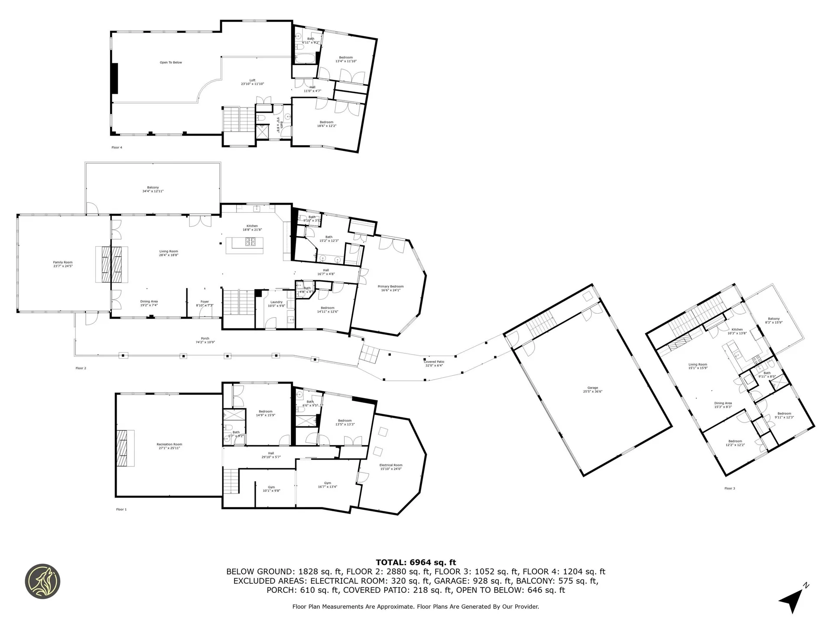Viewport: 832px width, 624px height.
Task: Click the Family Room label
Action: point(62,262)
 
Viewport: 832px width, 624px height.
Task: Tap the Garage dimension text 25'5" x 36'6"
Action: point(592,391)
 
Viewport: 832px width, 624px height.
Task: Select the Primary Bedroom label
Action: point(390,286)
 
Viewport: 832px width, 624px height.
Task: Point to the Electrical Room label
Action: point(391,465)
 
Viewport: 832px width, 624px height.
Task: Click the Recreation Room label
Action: point(169,444)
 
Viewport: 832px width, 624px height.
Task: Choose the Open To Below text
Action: point(171,62)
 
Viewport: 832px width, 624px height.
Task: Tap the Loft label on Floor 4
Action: point(252,80)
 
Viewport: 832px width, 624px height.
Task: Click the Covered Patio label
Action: point(434,361)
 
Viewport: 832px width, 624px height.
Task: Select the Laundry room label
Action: point(276,302)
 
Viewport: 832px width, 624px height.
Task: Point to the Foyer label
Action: point(205,302)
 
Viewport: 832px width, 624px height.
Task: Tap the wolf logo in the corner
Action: point(42,582)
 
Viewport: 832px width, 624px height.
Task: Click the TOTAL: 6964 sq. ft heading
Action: point(416,562)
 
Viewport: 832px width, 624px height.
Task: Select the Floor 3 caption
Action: point(729,488)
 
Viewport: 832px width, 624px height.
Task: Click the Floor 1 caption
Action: point(121,510)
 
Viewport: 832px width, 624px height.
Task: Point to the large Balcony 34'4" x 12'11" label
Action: point(153,189)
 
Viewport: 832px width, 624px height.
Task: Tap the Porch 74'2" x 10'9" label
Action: point(205,340)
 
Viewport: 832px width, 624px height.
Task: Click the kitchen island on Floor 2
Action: point(244,246)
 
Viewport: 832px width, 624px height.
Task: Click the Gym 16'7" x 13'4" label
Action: point(327,484)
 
